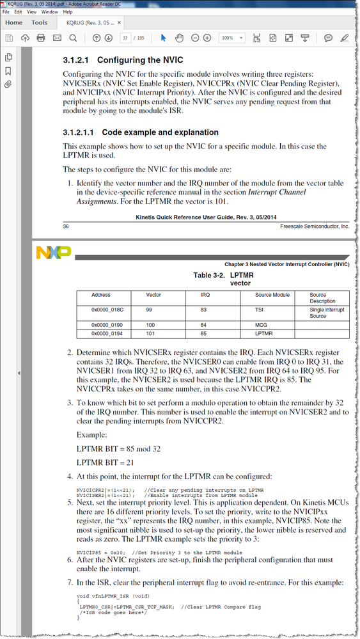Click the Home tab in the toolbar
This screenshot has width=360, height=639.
pyautogui.click(x=13, y=22)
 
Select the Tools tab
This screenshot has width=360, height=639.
pyautogui.click(x=39, y=22)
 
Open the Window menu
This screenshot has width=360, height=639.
pyautogui.click(x=49, y=12)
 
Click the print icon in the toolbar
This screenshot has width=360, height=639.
pyautogui.click(x=41, y=38)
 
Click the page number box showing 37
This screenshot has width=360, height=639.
pyautogui.click(x=126, y=38)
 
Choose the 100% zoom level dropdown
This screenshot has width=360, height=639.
pyautogui.click(x=230, y=38)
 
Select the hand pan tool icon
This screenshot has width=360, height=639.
pyautogui.click(x=179, y=38)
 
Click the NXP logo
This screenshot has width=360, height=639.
pyautogui.click(x=54, y=252)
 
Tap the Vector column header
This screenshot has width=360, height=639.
pyautogui.click(x=154, y=295)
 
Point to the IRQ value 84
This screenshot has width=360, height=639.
pyautogui.click(x=205, y=325)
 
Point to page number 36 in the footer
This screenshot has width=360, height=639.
pyautogui.click(x=67, y=226)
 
